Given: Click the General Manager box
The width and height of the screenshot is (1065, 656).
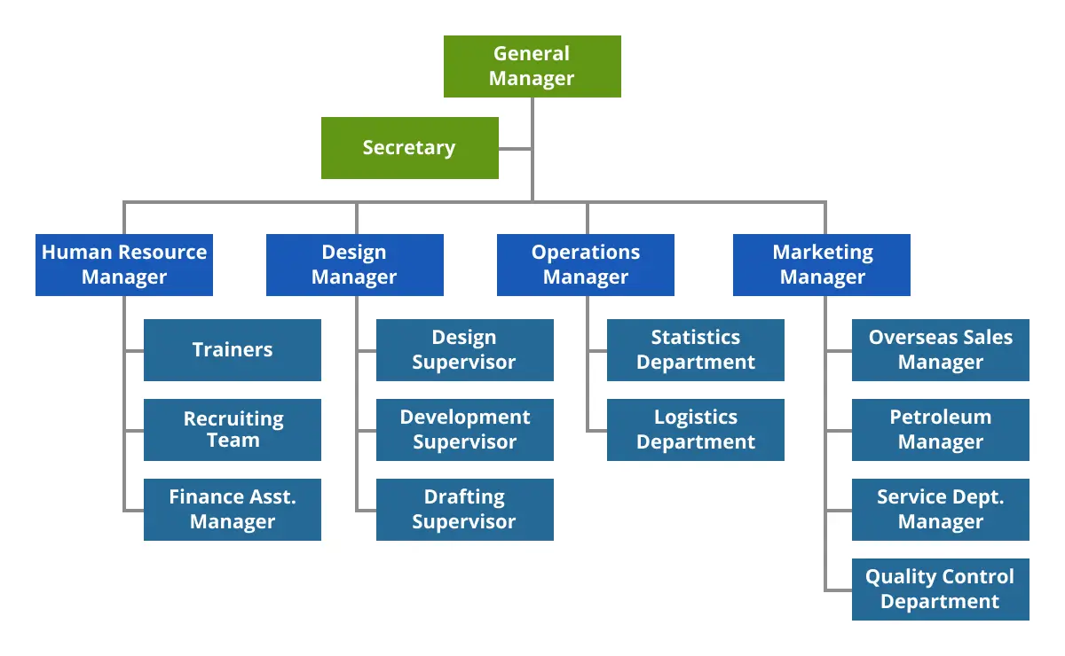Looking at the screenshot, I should [532, 66].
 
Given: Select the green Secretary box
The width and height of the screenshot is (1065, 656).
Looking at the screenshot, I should [409, 148].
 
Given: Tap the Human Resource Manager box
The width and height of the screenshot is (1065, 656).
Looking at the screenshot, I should [124, 265].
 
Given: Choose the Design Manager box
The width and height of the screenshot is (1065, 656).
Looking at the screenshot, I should [354, 265].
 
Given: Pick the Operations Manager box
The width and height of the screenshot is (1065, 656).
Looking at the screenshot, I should [585, 265].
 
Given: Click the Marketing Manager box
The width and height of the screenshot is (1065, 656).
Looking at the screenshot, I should [822, 265].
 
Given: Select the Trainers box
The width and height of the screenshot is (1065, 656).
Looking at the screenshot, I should [232, 350].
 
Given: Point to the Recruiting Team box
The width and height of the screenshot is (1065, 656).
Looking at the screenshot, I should [232, 430].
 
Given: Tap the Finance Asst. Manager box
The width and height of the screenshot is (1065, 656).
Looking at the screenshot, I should [232, 510].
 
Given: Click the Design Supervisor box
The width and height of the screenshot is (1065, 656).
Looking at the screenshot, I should [464, 350].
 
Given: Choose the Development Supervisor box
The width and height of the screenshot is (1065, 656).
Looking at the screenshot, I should [464, 430].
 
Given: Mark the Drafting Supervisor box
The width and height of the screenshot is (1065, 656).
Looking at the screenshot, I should [464, 510].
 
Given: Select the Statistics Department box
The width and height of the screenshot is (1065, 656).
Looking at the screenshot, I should [695, 350].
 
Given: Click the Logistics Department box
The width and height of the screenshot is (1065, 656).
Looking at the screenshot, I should [695, 430].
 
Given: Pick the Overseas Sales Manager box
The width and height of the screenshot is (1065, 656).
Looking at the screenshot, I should [940, 350].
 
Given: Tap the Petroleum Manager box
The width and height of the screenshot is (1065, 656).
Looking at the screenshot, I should [940, 430].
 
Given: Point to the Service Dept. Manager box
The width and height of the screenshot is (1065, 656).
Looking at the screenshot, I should [940, 510].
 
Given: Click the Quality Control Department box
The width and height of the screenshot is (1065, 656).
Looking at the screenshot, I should [940, 590].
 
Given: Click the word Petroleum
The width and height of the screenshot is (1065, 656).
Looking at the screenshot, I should [940, 418].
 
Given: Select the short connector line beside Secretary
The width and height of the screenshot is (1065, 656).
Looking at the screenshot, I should [516, 149].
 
